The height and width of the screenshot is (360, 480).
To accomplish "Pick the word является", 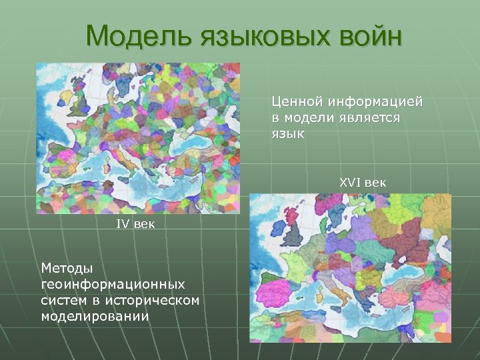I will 365,118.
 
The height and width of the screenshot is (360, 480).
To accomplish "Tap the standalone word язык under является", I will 287,134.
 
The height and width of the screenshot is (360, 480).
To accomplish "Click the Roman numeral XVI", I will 351,182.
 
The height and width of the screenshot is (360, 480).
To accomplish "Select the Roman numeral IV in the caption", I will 123,224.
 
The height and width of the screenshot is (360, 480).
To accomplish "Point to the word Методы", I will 67,268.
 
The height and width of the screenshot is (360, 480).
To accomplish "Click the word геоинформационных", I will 112,284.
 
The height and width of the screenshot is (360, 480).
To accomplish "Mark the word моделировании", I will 95,316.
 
